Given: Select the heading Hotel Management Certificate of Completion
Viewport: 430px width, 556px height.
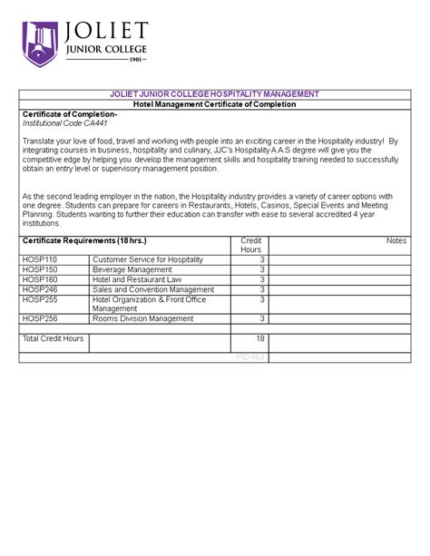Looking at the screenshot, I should point(215,104).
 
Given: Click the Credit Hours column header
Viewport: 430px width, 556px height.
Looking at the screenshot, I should point(250,245).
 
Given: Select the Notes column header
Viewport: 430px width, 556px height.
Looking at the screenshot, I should point(396,240).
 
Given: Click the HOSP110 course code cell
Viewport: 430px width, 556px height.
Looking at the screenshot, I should point(40,259).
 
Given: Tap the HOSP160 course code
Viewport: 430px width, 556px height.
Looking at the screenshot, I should point(40,279).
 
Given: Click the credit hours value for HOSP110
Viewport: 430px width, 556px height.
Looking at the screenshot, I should point(261,259).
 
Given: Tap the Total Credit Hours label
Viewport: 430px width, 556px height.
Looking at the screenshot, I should point(53,338).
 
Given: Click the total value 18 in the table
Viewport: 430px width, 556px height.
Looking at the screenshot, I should point(259,338).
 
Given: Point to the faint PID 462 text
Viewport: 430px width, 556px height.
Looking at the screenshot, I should point(249,357).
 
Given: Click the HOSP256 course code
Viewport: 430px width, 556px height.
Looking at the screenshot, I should point(40,318).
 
